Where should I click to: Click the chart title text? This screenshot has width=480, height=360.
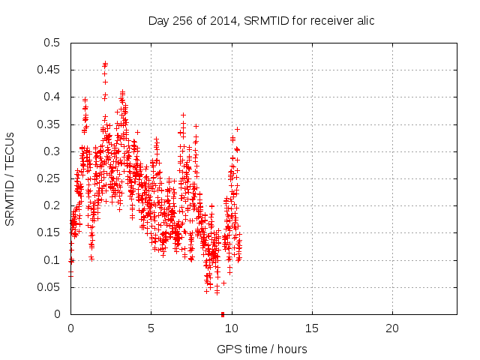pos(261,21)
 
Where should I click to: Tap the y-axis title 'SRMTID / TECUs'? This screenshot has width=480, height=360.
pos(10,178)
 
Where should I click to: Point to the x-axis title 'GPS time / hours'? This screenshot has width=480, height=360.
pos(262,349)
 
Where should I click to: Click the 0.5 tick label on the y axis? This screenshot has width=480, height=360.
pos(52,43)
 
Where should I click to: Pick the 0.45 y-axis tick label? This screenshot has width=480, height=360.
pos(49,70)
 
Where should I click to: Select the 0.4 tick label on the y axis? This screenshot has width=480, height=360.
pos(52,97)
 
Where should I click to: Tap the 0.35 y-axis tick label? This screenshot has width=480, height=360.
pos(49,124)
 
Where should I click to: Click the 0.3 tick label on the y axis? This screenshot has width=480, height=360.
pos(52,151)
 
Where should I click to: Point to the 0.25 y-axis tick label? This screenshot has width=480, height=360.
pos(49,178)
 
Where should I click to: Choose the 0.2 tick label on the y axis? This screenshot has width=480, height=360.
pos(52,205)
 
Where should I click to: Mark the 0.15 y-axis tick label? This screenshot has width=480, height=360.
pos(49,233)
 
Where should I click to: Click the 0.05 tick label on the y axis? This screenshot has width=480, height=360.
pos(49,287)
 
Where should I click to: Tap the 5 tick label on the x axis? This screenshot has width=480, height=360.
pos(151,328)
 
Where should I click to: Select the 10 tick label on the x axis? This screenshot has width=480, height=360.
pos(231,328)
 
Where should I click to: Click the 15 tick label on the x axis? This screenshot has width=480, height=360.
pos(311,328)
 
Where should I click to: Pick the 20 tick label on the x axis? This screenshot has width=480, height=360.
pos(391,328)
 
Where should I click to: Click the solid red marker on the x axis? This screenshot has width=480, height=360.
pos(223,314)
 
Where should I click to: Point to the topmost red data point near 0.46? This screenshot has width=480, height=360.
pos(105,63)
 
